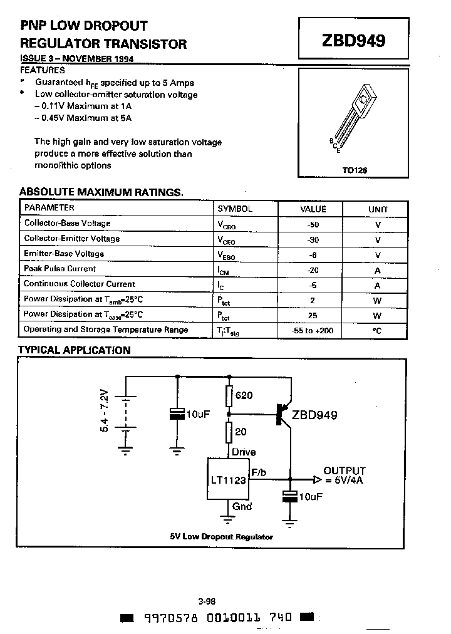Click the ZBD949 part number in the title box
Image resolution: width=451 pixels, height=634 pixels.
pos(353,41)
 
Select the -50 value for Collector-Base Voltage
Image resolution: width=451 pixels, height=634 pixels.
pos(314,224)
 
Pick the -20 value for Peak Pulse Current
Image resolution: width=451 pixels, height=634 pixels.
pos(314,269)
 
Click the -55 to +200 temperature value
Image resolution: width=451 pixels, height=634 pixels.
pos(314,330)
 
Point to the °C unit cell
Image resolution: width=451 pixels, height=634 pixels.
pos(377,330)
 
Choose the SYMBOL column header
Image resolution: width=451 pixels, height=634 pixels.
pos(235,209)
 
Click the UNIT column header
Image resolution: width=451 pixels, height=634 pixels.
pos(378,209)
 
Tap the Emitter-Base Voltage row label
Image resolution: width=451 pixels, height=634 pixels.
pos(64,254)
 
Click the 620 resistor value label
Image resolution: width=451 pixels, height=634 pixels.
pos(244,395)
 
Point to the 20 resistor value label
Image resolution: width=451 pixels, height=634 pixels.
pos(241,432)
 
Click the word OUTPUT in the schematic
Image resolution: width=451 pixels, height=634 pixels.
pos(344,471)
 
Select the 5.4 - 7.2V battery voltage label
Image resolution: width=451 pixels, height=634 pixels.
pos(104,410)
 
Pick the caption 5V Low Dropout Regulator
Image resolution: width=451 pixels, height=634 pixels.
pos(221,537)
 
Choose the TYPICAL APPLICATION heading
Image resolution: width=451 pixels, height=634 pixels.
pos(74,350)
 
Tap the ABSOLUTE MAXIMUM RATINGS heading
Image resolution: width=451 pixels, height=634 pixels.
pos(101,192)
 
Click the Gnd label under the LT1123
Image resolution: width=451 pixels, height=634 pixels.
pos(242,506)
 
